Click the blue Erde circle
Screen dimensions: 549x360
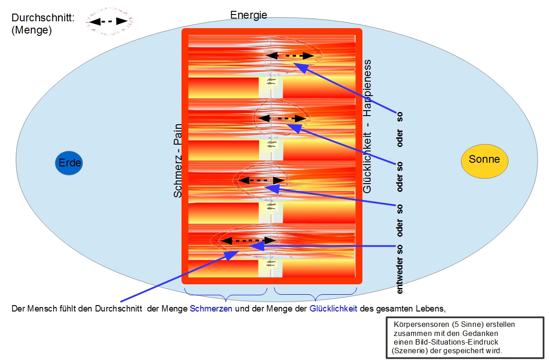click(x=69, y=163)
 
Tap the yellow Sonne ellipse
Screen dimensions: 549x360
click(x=485, y=161)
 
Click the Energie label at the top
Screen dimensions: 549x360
click(x=249, y=15)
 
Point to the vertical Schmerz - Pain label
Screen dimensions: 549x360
click(x=178, y=161)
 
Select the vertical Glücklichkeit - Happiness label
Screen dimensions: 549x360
click(x=367, y=126)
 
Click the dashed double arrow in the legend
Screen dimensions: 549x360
click(x=108, y=22)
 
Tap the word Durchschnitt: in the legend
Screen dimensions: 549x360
click(x=43, y=18)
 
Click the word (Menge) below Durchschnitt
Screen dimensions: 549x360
click(x=32, y=30)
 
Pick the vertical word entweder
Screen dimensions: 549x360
click(x=399, y=275)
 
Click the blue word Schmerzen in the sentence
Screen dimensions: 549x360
click(x=211, y=309)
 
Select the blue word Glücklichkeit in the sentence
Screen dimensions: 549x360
click(x=333, y=309)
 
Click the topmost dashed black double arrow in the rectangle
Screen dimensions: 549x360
click(x=290, y=56)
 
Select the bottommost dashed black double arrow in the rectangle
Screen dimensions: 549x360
click(x=248, y=241)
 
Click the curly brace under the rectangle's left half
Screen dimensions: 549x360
click(x=226, y=294)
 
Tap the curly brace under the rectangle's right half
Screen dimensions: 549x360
click(x=315, y=294)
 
